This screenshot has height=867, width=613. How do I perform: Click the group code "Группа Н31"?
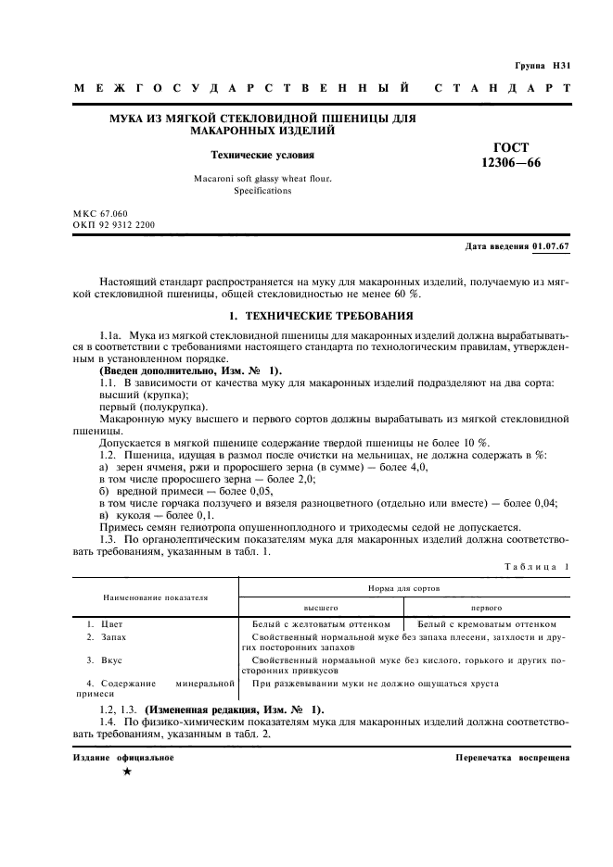543,67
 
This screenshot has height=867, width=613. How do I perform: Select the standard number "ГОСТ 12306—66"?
504,156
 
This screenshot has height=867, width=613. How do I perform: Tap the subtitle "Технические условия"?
262,156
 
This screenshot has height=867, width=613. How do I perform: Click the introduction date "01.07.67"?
551,247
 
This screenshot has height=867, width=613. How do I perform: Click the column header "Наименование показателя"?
155,598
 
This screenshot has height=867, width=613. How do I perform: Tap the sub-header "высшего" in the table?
321,609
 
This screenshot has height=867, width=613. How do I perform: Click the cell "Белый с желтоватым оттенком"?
321,624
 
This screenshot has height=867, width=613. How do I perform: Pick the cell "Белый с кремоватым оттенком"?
487,624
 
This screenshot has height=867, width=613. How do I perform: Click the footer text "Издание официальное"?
123,757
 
